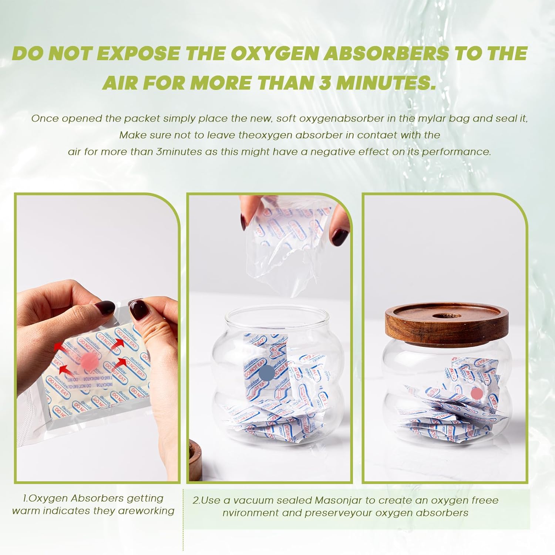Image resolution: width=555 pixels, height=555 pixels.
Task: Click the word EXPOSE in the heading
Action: (139, 54)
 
